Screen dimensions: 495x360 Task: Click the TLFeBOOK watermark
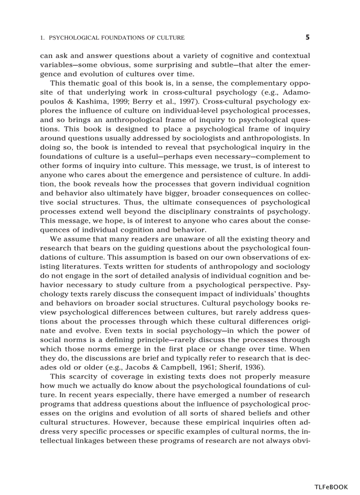click(331, 487)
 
